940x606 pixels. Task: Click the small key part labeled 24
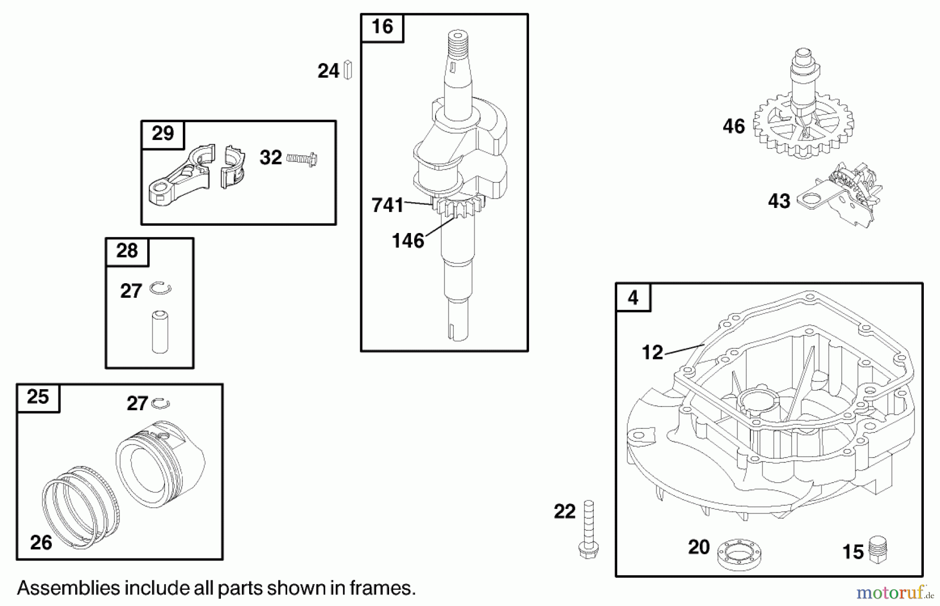coord(348,70)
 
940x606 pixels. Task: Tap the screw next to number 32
coord(302,158)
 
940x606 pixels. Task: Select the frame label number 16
coord(382,27)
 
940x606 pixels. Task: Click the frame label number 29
coord(162,133)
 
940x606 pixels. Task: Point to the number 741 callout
coord(387,205)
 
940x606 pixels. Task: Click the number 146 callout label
coord(407,241)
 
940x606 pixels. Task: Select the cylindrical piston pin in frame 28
coord(160,332)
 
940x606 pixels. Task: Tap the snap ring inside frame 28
coord(160,288)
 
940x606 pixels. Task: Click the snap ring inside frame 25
coord(160,403)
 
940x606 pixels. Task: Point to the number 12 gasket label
coord(652,353)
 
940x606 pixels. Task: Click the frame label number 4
coord(633,298)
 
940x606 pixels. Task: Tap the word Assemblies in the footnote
coord(68,588)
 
